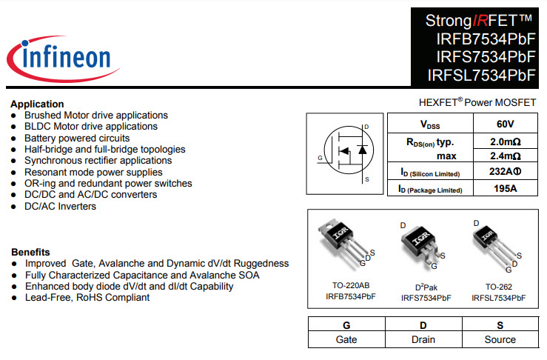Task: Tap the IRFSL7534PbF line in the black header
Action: [481, 75]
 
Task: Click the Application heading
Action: [37, 104]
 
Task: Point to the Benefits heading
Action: [30, 251]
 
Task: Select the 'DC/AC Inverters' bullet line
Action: [60, 206]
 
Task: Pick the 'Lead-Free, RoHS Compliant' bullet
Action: [87, 297]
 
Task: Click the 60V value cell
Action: [505, 124]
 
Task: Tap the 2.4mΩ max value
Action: [505, 156]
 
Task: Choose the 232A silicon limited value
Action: [505, 173]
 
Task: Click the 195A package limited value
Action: [505, 189]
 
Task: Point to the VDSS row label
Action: [430, 124]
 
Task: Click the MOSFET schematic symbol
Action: [346, 153]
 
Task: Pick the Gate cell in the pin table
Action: [346, 339]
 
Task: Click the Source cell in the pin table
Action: [500, 339]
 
